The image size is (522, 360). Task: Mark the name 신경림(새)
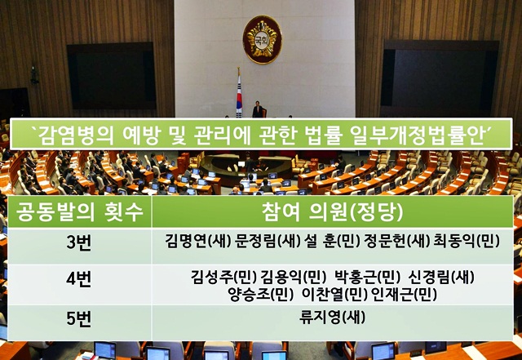click(x=440, y=273)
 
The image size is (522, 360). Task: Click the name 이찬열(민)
click(x=334, y=289)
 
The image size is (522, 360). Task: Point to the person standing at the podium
click(x=259, y=109)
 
